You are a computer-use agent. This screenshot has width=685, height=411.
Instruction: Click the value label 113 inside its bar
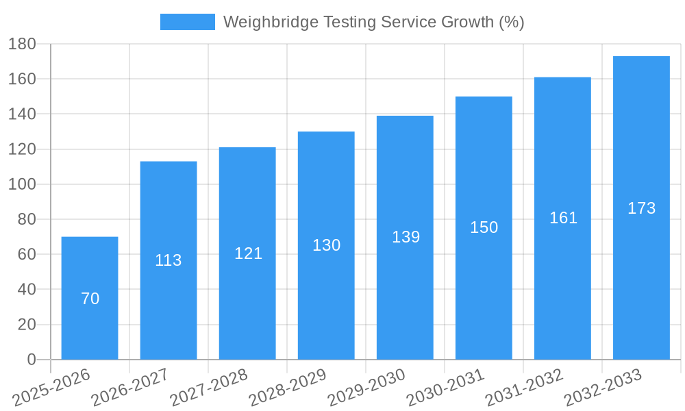click(169, 260)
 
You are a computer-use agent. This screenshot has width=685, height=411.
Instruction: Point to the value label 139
click(406, 237)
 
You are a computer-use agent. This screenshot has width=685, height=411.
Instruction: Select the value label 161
click(563, 218)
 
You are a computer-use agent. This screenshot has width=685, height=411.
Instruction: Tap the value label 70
click(90, 299)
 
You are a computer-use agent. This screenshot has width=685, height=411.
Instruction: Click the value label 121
click(248, 253)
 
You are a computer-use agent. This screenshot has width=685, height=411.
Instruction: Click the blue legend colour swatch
click(187, 22)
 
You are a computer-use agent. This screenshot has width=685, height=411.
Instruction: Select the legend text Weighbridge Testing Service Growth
click(373, 22)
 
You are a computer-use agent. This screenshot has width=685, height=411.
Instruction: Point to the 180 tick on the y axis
click(22, 44)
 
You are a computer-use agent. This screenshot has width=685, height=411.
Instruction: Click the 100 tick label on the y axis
click(22, 184)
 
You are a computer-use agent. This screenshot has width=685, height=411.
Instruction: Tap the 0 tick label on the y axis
click(31, 360)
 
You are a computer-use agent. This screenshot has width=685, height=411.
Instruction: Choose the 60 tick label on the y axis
click(26, 254)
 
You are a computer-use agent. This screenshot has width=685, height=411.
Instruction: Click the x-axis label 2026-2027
click(130, 387)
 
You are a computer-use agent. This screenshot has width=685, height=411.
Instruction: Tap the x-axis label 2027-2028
click(209, 387)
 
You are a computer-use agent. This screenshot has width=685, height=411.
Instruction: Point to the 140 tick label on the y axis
click(22, 114)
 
